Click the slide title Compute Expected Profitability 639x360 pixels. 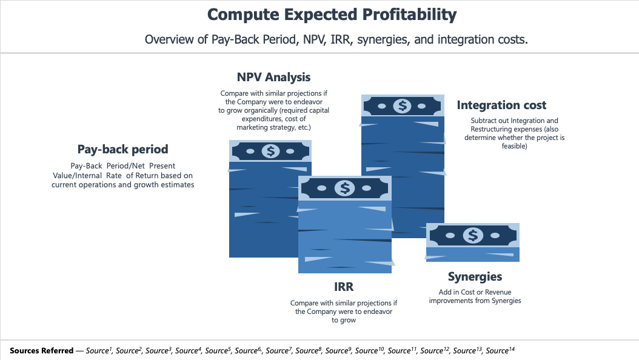point(332,15)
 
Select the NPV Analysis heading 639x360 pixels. point(273,77)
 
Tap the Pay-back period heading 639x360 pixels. point(122,150)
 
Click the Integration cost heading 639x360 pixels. point(501,105)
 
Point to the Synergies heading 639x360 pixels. point(475,277)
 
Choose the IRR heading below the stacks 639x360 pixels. point(344,287)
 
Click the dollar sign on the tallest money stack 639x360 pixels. point(402,106)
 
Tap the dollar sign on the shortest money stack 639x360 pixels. point(473,235)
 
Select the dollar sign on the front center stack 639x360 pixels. point(344,188)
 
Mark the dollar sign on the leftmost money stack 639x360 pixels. point(270,151)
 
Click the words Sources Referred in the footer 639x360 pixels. point(42,351)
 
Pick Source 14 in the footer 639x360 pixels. point(500,350)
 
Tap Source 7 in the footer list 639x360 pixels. point(279,350)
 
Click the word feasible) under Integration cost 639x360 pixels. point(514,146)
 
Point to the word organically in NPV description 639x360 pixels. point(261,110)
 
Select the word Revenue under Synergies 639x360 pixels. point(498,292)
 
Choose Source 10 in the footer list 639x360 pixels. point(370,350)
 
